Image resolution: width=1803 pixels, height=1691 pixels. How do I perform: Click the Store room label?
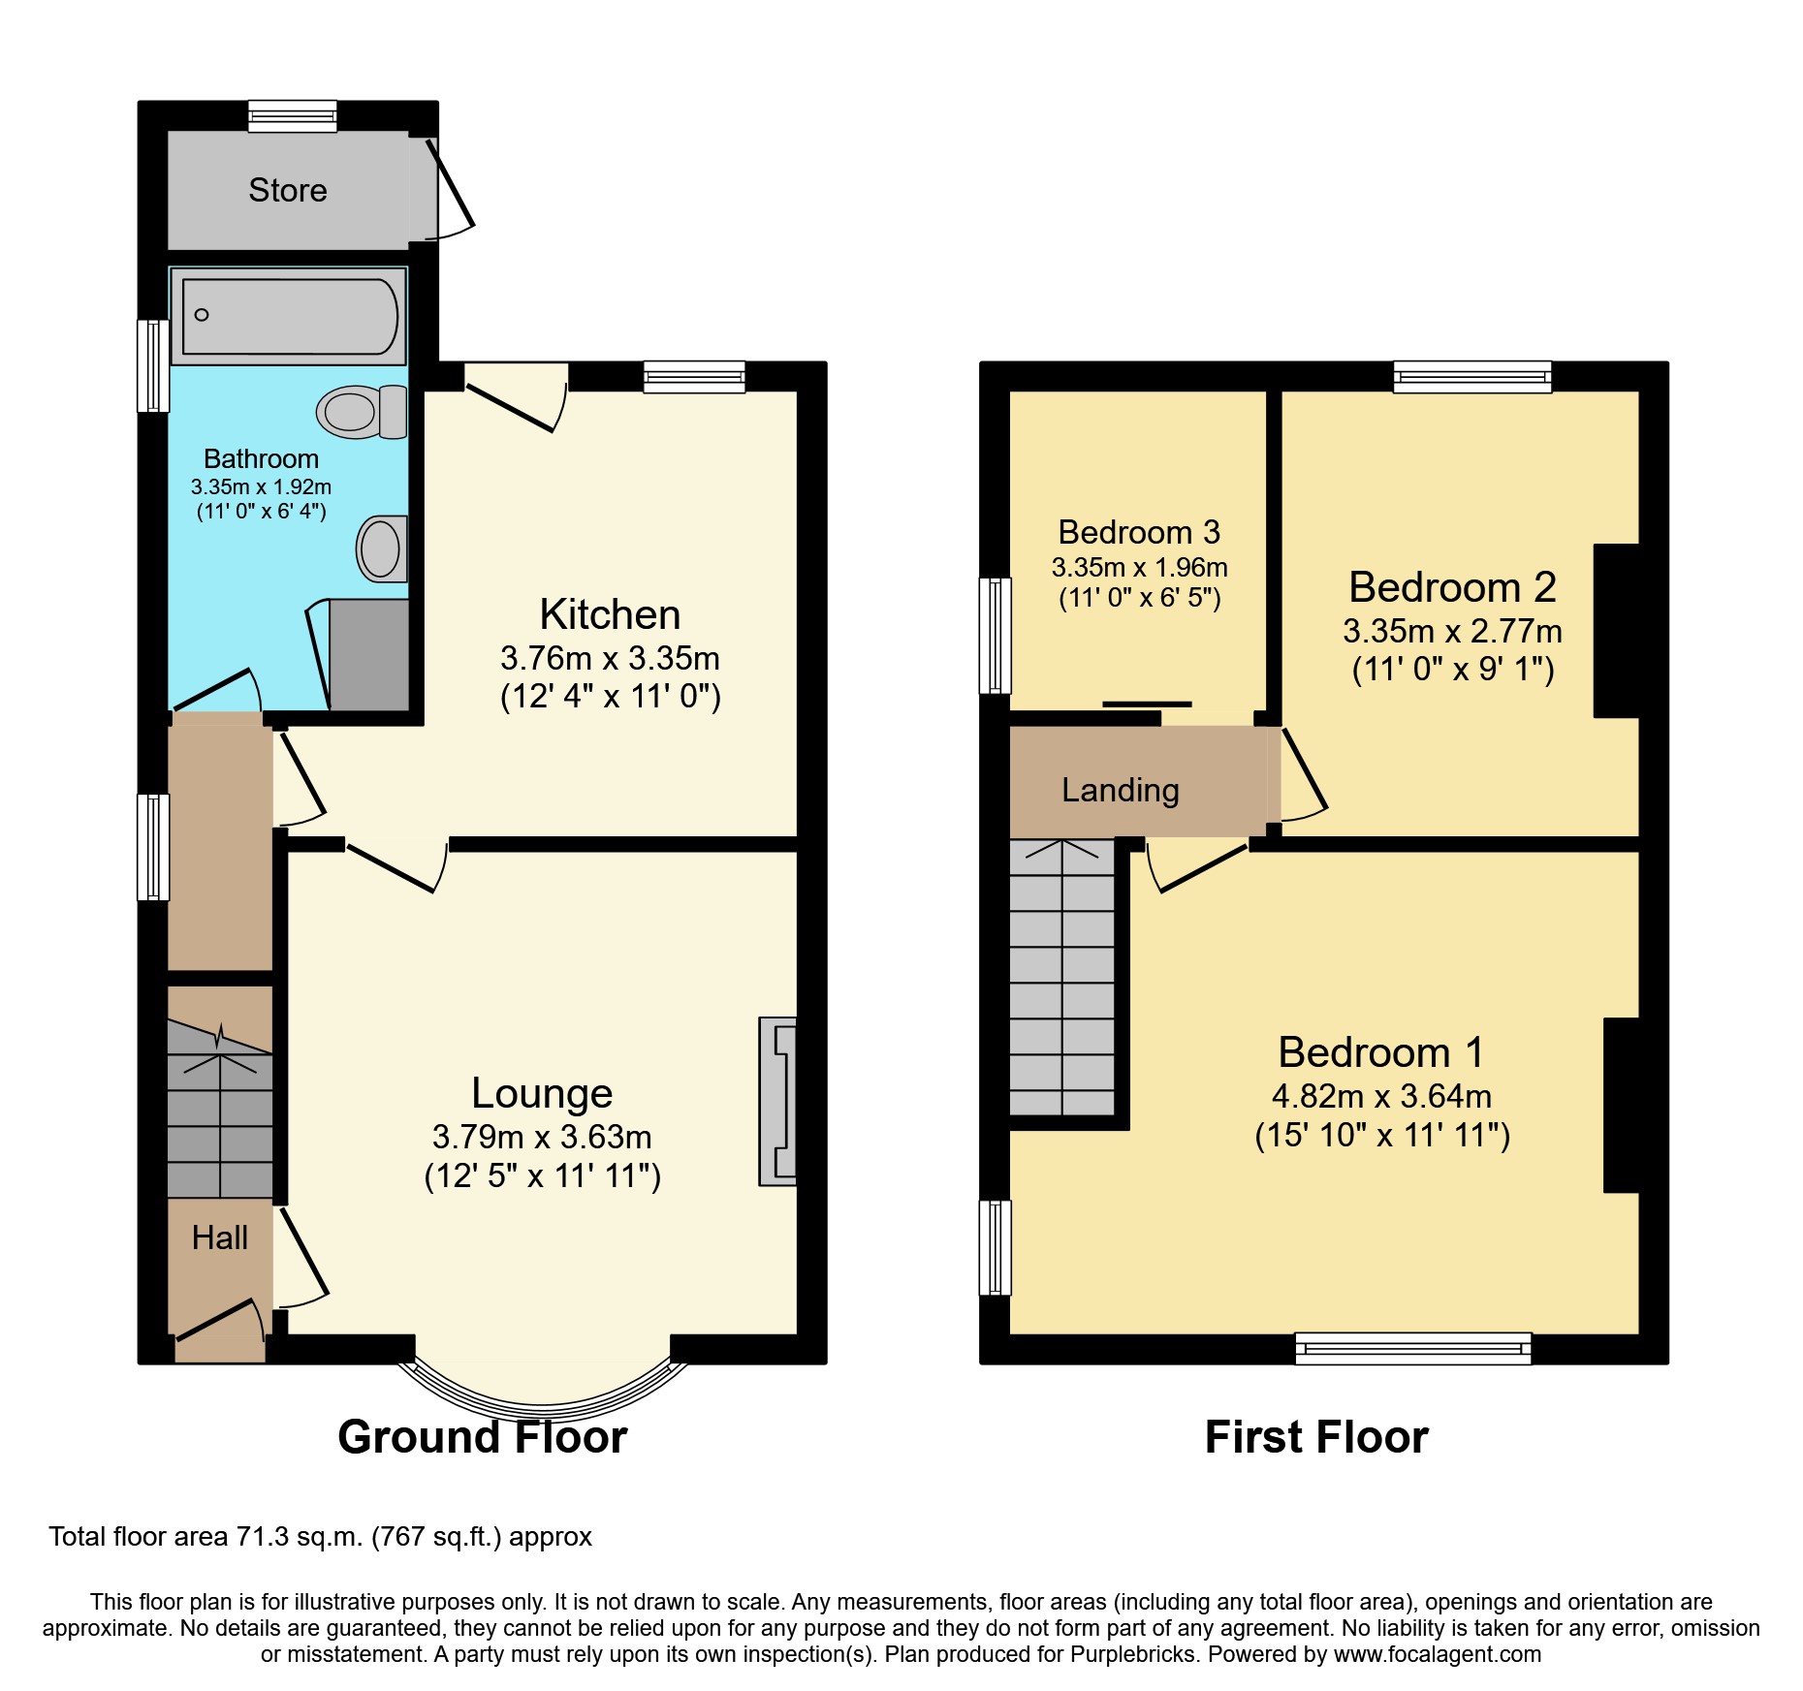(287, 190)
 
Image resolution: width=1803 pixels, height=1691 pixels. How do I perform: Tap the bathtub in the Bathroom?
(289, 316)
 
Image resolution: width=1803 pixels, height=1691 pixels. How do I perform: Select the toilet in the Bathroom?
(361, 412)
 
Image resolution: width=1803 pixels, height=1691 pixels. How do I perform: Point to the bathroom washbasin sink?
(381, 548)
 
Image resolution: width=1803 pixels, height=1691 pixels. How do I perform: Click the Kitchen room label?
(610, 614)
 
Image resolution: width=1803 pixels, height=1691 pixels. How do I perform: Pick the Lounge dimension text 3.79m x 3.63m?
(541, 1136)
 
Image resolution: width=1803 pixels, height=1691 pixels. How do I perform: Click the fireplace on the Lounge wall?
(777, 1101)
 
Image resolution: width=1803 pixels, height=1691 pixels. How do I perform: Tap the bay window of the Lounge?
(543, 1396)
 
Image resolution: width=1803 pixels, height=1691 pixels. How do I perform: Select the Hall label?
(219, 1237)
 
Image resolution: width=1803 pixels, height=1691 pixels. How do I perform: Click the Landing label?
(1120, 790)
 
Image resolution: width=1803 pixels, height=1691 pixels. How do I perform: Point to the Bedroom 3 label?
(1138, 532)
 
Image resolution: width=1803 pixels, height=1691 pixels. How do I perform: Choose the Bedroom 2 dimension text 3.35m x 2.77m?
(1451, 631)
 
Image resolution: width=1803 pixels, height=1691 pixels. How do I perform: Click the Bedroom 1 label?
(1380, 1052)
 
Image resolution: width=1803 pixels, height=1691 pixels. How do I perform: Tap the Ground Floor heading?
(482, 1436)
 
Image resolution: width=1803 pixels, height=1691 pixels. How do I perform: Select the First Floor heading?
(1315, 1436)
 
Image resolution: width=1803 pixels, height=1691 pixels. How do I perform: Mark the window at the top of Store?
(292, 116)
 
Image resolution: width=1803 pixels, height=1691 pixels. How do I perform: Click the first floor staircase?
(1061, 979)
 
